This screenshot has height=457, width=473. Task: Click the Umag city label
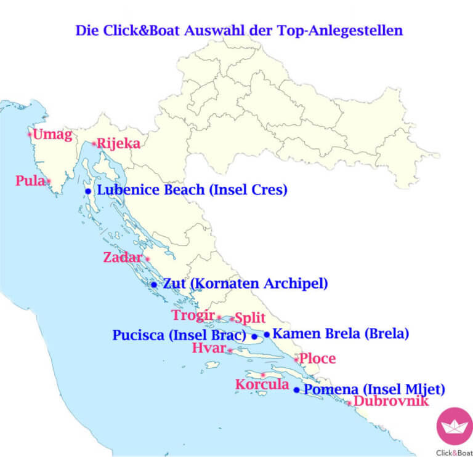53,135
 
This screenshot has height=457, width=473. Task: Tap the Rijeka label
119,144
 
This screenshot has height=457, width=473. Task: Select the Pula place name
30,181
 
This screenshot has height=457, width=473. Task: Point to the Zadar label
123,258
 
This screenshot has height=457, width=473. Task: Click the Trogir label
193,316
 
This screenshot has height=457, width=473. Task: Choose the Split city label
250,318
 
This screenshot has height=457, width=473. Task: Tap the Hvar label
209,349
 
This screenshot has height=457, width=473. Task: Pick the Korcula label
262,385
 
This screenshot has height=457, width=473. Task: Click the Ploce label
318,358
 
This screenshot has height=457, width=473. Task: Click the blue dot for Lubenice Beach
88,191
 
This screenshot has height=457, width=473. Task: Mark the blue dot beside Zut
153,285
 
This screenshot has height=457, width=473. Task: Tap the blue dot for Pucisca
254,336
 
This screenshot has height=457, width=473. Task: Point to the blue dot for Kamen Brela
267,335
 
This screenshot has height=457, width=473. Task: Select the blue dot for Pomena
296,390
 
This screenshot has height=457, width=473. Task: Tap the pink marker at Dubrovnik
349,403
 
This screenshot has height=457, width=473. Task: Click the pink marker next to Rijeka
94,144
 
